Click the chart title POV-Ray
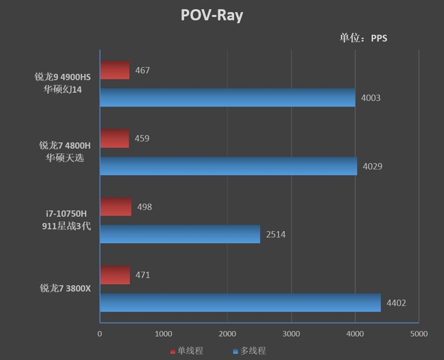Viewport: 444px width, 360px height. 212,15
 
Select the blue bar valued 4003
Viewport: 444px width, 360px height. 227,98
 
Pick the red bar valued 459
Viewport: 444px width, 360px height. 114,138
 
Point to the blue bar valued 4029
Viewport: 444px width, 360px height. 228,166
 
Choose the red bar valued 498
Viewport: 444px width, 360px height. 115,207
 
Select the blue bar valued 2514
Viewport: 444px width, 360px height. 180,234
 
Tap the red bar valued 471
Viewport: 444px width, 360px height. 115,275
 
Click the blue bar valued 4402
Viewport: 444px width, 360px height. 240,303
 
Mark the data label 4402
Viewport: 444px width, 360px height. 396,303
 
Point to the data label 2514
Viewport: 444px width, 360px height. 276,234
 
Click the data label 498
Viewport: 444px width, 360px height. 143,207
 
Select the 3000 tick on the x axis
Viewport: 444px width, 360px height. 291,334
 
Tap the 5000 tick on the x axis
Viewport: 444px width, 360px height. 418,334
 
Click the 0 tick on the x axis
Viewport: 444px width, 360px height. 100,334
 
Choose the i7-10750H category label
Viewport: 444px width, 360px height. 66,213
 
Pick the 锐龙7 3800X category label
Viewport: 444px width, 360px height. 64,288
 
